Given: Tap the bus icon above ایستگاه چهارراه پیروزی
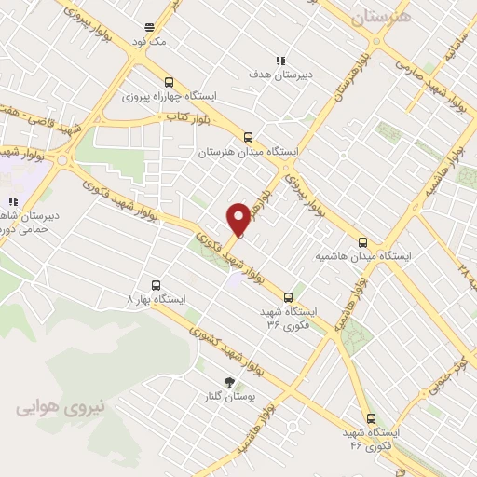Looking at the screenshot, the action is [168, 81].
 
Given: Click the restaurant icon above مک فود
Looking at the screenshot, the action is [149, 28].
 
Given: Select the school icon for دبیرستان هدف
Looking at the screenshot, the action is [280, 58].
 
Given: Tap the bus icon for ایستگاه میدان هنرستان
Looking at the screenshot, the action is [248, 136].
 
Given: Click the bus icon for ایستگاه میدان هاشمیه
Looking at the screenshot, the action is [363, 242].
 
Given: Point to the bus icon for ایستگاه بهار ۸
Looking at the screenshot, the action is [155, 286].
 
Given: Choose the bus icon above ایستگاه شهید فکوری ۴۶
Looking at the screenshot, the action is [372, 419].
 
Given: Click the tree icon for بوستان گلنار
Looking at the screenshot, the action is [229, 381].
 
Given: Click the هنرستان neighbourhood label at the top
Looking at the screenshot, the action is [379, 16].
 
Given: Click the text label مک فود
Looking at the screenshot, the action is [149, 43].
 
